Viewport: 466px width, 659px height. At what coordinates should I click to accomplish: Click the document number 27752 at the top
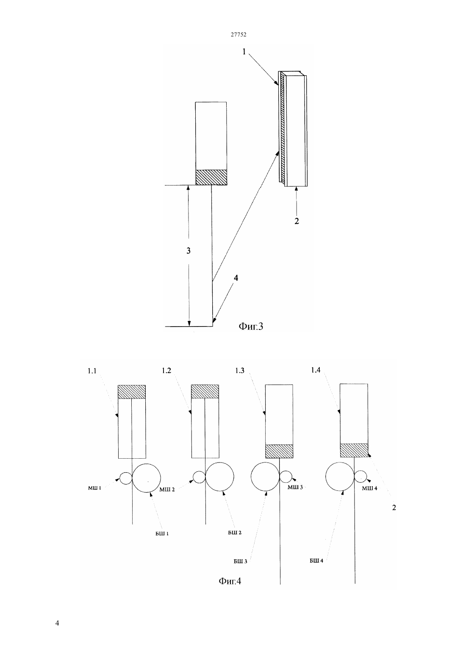(x=238, y=34)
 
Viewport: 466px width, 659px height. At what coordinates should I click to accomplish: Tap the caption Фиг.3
(x=251, y=326)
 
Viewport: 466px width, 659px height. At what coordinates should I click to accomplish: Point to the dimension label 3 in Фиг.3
(x=189, y=251)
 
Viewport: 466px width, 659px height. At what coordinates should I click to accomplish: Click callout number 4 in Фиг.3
(x=236, y=278)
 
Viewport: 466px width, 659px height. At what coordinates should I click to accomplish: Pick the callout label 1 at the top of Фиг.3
(x=244, y=52)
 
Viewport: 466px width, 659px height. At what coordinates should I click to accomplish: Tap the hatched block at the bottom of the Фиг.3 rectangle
(x=211, y=177)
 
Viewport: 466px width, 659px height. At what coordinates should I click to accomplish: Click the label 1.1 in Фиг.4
(x=92, y=371)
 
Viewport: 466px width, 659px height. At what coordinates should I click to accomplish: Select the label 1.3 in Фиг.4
(x=240, y=371)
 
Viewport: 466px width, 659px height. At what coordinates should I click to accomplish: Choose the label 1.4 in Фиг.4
(x=316, y=370)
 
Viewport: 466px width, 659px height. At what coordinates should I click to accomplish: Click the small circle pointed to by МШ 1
(x=126, y=478)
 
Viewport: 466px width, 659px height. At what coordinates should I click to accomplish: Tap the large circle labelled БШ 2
(x=219, y=477)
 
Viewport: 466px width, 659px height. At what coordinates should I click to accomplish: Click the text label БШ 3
(x=240, y=561)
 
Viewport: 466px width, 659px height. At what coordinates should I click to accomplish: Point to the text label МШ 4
(x=369, y=488)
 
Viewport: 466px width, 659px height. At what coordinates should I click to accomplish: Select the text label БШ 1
(x=162, y=534)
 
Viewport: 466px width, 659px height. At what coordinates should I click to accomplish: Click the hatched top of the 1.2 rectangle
(x=205, y=392)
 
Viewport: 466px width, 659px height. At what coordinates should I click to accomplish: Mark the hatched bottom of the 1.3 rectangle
(x=279, y=451)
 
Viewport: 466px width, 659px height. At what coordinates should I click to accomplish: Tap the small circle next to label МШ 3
(x=286, y=476)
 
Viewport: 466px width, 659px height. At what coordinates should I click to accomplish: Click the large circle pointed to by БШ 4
(x=340, y=476)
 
